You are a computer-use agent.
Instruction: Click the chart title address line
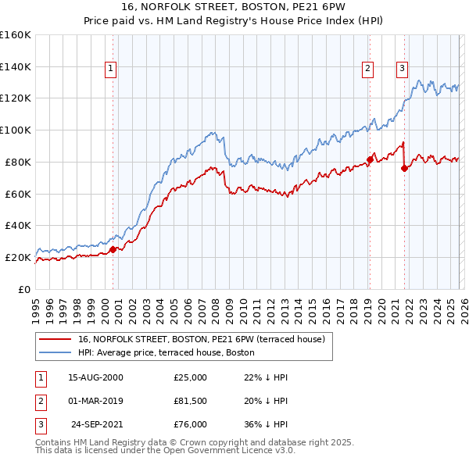(234, 7)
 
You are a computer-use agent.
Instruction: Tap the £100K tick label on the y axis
(16, 130)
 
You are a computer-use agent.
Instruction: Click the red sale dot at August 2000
(113, 249)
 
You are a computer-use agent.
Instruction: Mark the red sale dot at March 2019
(369, 159)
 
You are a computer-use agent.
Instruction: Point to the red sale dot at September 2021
(404, 168)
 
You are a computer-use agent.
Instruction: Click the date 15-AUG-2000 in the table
(95, 377)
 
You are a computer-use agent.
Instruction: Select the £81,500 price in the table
(191, 401)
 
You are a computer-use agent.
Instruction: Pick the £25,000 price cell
(191, 377)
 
